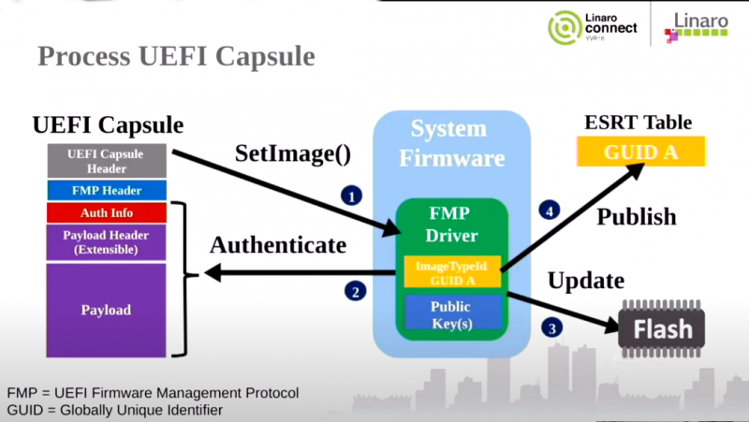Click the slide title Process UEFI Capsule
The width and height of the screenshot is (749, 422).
(x=176, y=56)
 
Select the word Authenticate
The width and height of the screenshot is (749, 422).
(x=278, y=245)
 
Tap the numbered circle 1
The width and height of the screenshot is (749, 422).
(x=350, y=196)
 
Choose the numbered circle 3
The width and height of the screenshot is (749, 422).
(x=551, y=327)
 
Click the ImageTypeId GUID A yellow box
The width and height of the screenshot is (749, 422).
(x=450, y=272)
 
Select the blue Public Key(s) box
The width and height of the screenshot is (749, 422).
(x=450, y=313)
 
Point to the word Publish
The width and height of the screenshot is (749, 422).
(x=637, y=216)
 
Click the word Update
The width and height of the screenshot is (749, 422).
(x=586, y=280)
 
